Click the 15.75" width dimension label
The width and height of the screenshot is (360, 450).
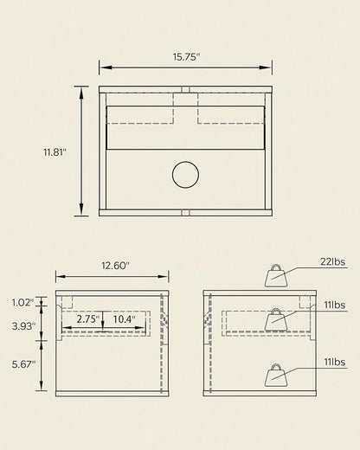[x=186, y=57]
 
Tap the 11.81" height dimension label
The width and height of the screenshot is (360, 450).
[x=55, y=152]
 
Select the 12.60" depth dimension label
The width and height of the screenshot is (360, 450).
[x=115, y=266]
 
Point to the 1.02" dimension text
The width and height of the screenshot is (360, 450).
[x=22, y=303]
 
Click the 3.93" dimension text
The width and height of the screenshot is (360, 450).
[x=23, y=326]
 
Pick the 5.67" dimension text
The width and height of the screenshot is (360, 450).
[x=23, y=364]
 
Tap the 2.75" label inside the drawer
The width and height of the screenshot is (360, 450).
[x=88, y=319]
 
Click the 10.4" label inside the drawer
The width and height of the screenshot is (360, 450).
[x=124, y=319]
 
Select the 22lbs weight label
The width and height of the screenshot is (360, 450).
[x=332, y=261]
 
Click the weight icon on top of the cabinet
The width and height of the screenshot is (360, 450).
[x=276, y=275]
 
